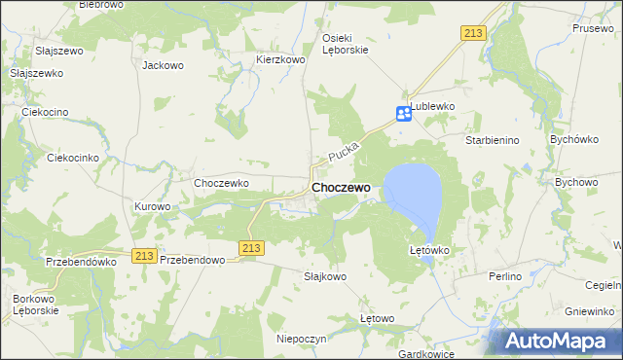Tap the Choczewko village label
(x=223, y=182)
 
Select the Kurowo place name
(x=153, y=206)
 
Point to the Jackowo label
(x=163, y=66)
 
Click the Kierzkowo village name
(x=281, y=59)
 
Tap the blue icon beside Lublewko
(x=404, y=114)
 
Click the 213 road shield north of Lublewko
(x=473, y=33)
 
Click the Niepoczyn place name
(x=301, y=338)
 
